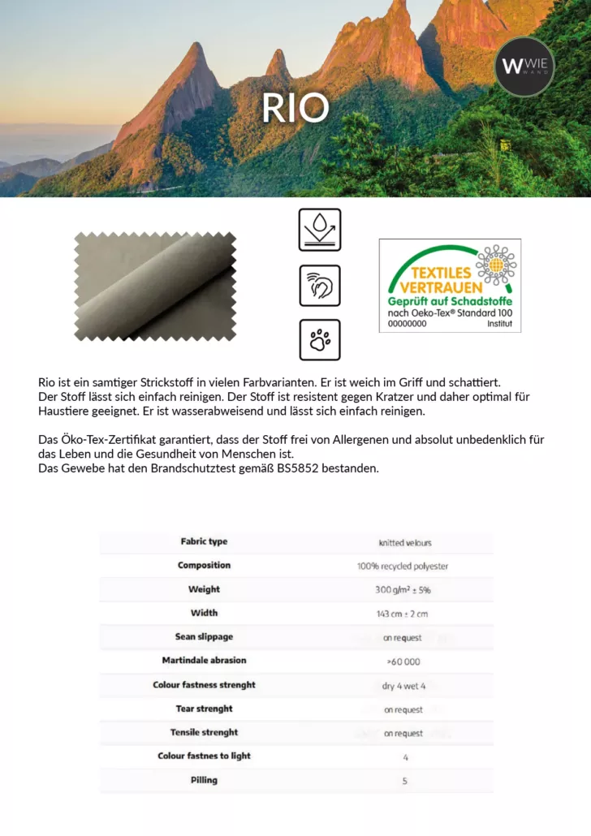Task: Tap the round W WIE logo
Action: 524,67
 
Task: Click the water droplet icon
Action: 320,230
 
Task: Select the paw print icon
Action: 320,340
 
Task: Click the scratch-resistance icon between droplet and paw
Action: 320,286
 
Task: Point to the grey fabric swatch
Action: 155,287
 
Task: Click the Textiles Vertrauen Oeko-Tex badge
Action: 450,286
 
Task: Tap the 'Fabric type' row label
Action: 204,541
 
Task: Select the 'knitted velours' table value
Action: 405,542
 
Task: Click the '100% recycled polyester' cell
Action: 403,566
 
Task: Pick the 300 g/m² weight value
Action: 403,590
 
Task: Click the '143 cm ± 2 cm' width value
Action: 403,614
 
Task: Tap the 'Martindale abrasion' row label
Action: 204,661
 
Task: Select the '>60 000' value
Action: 403,661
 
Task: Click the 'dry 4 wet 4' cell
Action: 403,686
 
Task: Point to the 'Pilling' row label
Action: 204,780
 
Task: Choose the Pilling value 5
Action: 404,781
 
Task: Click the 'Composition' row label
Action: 204,565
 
